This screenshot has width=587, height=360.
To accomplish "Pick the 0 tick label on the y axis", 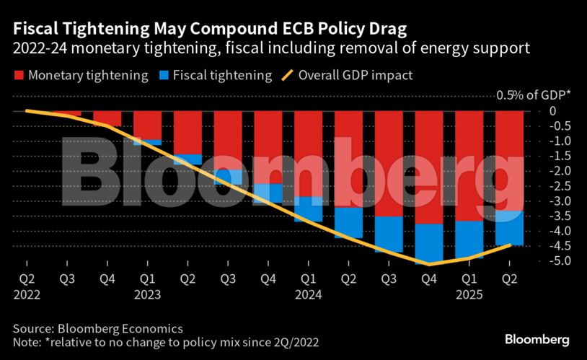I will pos(552,110).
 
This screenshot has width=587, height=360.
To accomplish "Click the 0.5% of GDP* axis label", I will pos(531,95).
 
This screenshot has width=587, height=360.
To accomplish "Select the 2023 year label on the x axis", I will pos(147,295).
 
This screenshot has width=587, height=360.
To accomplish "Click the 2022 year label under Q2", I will pos(27,295).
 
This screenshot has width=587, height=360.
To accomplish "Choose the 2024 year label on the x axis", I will pos(309,295).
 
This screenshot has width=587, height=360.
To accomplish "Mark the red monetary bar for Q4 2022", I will pos(107,119).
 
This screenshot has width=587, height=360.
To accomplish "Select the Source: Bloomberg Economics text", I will pos(97,327).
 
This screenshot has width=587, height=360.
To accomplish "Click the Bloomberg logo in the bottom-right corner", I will pos(537,338).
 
